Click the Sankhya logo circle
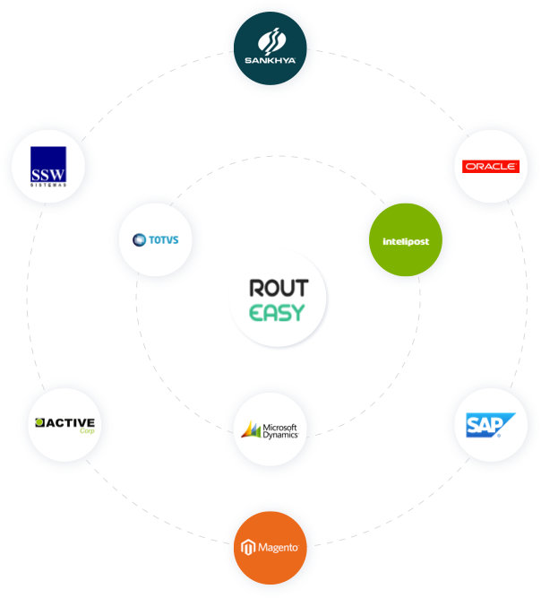tap(270, 48)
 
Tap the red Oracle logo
tap(490, 166)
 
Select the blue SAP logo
tap(490, 424)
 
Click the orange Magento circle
tap(270, 547)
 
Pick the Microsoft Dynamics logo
tap(270, 429)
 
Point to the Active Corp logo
tap(64, 424)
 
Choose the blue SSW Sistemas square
tap(48, 165)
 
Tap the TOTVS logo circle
tap(156, 239)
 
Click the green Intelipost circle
tap(406, 240)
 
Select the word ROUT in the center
tap(278, 288)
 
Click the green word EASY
tap(278, 313)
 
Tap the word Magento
tap(278, 547)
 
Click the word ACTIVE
tap(70, 421)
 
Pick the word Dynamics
tap(279, 435)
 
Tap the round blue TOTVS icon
tap(139, 239)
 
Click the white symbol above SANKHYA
tap(270, 40)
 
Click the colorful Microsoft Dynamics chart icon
tap(251, 430)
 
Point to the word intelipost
tap(406, 241)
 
